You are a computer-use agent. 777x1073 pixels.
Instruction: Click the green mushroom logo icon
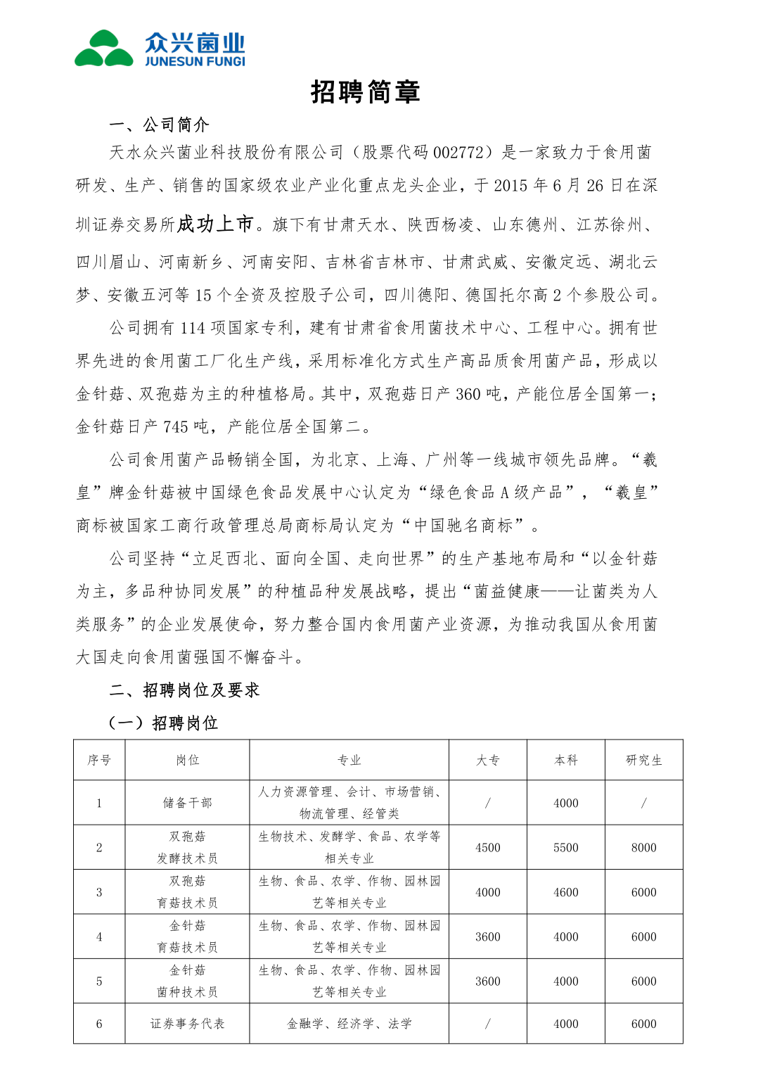click(104, 49)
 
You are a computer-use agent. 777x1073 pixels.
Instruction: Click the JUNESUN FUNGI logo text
click(195, 61)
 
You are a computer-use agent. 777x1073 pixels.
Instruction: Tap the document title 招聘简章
click(366, 92)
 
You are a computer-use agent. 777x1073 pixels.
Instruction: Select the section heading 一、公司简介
click(160, 125)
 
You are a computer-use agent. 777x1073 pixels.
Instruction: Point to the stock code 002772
click(458, 153)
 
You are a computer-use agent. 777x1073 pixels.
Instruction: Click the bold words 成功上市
click(214, 224)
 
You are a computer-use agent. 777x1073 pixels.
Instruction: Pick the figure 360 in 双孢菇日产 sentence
click(468, 394)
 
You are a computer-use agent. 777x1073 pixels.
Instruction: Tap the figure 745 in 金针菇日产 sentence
click(175, 427)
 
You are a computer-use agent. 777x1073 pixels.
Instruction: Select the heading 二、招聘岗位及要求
click(185, 690)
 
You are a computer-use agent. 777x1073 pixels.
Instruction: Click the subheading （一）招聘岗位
click(163, 723)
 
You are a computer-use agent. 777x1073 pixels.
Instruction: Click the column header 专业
click(349, 760)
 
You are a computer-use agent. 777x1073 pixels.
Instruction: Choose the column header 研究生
click(643, 760)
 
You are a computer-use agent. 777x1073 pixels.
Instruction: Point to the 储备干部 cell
click(187, 803)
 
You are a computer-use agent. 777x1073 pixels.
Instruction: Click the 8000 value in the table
click(643, 848)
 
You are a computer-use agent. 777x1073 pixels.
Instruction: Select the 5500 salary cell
click(565, 848)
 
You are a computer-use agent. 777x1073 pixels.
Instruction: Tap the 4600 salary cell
click(565, 892)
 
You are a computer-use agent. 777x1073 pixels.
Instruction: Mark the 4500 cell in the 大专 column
click(487, 848)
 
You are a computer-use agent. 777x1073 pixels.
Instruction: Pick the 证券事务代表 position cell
click(187, 1024)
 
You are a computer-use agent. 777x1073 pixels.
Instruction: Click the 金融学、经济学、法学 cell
click(349, 1024)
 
